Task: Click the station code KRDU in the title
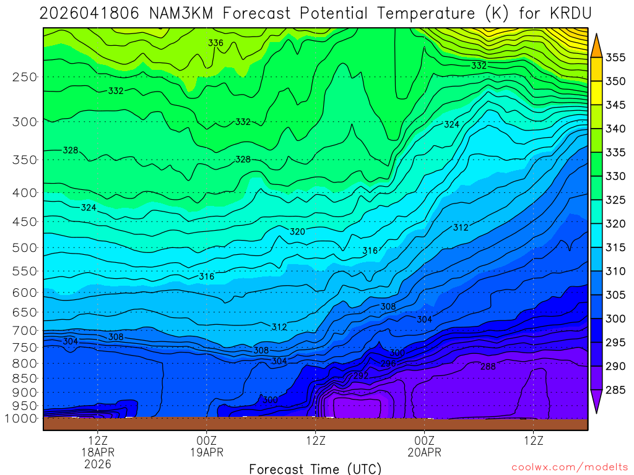tap(566, 13)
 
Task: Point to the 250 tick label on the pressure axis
tap(25, 77)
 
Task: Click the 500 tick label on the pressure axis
tap(25, 248)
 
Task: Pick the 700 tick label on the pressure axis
tap(25, 330)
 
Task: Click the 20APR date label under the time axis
tap(424, 452)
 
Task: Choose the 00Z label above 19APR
tap(206, 441)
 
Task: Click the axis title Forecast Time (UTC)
tap(315, 468)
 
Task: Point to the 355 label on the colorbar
tap(615, 58)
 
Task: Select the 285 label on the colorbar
tap(615, 390)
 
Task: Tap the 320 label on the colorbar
tap(615, 224)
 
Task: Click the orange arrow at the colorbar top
tap(596, 45)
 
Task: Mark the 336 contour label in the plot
tap(215, 43)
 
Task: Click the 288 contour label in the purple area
tap(488, 367)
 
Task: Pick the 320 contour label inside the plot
tap(298, 232)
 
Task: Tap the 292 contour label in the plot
tap(361, 375)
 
